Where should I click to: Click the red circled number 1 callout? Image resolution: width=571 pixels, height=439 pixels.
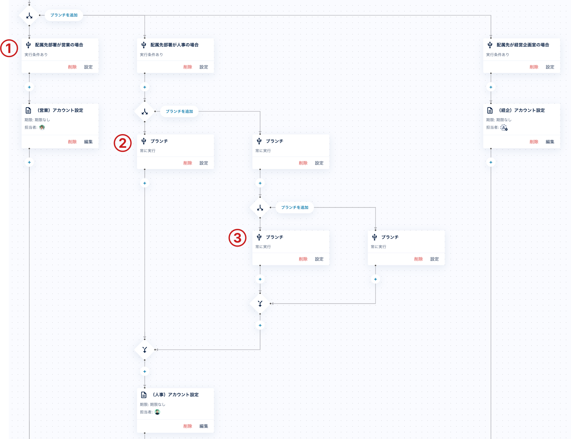pyautogui.click(x=9, y=48)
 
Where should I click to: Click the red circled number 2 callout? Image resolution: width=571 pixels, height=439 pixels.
pyautogui.click(x=123, y=143)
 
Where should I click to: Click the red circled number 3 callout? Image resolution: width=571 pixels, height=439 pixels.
pyautogui.click(x=237, y=238)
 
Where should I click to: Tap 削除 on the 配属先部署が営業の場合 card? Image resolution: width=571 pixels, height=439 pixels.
pyautogui.click(x=72, y=67)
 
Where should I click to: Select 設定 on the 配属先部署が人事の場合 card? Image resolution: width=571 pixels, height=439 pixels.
pyautogui.click(x=204, y=67)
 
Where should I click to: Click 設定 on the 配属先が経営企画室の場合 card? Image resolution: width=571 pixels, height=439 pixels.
pyautogui.click(x=550, y=67)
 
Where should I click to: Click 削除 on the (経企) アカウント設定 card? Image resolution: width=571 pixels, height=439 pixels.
pyautogui.click(x=534, y=142)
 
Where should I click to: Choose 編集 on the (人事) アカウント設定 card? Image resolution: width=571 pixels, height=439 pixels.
pyautogui.click(x=204, y=426)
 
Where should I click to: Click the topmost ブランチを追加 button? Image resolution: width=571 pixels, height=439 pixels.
pyautogui.click(x=64, y=15)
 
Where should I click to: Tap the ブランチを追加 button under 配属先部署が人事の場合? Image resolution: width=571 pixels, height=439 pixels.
pyautogui.click(x=179, y=111)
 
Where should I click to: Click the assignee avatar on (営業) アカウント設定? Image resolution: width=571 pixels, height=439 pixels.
pyautogui.click(x=42, y=127)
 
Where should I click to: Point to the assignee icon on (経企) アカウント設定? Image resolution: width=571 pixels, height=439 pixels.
pyautogui.click(x=504, y=128)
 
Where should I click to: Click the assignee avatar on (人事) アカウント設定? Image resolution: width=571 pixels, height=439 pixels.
pyautogui.click(x=158, y=412)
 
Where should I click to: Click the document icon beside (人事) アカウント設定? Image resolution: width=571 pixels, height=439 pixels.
pyautogui.click(x=144, y=395)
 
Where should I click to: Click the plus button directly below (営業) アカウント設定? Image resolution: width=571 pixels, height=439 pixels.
pyautogui.click(x=29, y=162)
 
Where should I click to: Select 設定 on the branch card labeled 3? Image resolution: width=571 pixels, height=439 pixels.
pyautogui.click(x=319, y=259)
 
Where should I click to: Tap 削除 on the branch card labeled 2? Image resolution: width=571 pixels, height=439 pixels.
pyautogui.click(x=188, y=163)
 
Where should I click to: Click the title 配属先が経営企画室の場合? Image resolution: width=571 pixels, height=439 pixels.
pyautogui.click(x=523, y=45)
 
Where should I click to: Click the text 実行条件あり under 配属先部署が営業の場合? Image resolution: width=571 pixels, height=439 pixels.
pyautogui.click(x=36, y=55)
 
